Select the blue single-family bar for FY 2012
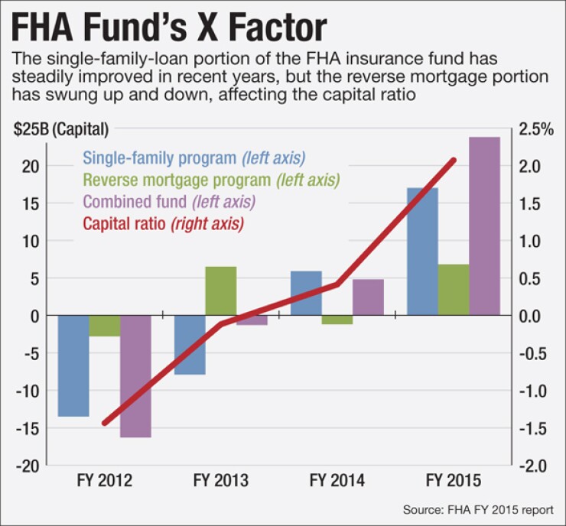click(73, 365)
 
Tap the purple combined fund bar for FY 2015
click(484, 226)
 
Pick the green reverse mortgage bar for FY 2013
click(220, 291)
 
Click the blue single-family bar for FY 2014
click(306, 293)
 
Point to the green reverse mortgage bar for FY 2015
click(453, 290)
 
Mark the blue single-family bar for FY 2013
click(190, 345)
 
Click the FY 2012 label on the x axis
click(105, 481)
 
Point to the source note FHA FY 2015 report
click(483, 509)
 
